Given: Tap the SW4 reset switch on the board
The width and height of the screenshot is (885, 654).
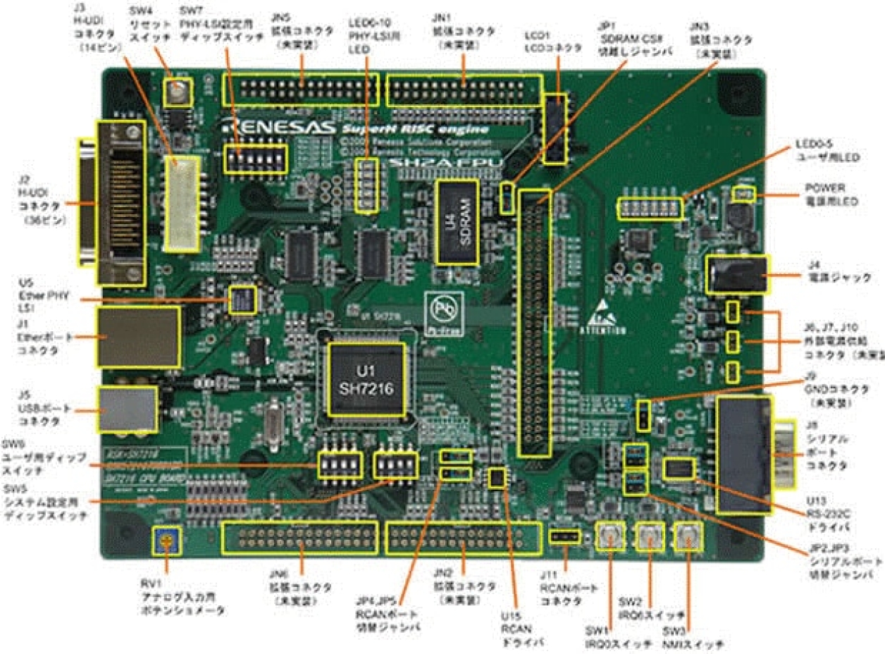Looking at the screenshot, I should point(177,93).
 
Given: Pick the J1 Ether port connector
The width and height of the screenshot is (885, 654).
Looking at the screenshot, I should point(137,337).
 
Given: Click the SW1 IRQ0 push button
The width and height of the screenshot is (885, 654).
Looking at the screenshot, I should point(610,539).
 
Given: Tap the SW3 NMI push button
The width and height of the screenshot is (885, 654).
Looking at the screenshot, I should point(687,539).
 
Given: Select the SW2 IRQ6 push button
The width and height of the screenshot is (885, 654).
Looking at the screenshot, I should point(649,539).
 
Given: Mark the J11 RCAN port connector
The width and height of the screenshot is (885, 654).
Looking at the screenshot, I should point(565,538).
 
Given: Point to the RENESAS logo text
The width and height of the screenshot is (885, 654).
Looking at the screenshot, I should point(268,129).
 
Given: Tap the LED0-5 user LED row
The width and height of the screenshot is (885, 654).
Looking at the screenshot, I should point(650,208).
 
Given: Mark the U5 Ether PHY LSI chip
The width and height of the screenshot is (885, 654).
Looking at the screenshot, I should point(242,300).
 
